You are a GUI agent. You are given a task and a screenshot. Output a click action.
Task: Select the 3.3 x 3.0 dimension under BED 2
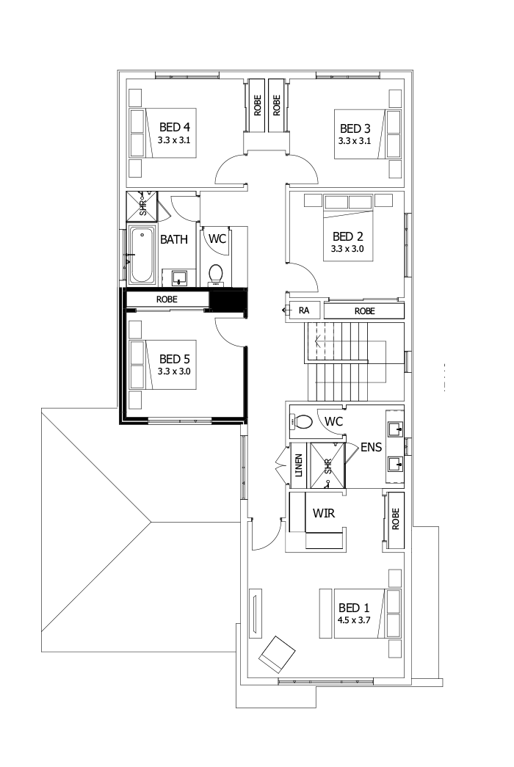point(348,249)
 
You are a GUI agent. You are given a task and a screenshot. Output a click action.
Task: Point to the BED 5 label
point(175,359)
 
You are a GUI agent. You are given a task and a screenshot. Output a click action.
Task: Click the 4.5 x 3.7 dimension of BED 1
point(354,620)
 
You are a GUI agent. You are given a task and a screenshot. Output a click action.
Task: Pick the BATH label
point(174,239)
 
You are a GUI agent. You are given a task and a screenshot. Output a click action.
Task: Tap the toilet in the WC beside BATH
point(217,273)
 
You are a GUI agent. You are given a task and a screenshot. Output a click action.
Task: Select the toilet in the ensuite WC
point(304,422)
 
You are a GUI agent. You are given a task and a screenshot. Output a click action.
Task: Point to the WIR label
point(324,513)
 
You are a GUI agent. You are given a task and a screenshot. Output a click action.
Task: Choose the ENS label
point(370,446)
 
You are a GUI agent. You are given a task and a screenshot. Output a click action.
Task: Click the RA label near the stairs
point(304,311)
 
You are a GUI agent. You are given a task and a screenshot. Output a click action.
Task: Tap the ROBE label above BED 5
point(167,299)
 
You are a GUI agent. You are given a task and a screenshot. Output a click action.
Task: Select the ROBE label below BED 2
point(364,311)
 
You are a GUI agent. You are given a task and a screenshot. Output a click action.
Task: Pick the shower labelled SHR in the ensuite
point(327,465)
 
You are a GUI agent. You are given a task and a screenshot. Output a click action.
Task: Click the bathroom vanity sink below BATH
point(178,278)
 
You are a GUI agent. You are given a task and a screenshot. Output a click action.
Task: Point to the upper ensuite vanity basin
point(394,428)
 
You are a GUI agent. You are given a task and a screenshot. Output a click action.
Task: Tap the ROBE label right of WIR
point(394,520)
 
